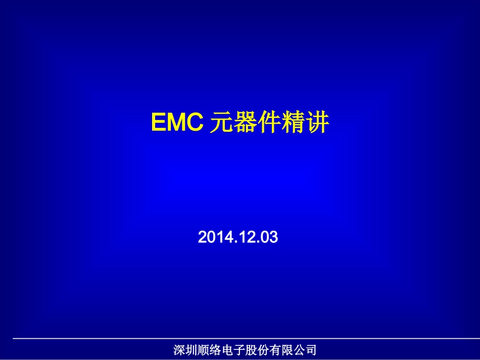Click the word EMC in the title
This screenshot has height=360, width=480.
177,123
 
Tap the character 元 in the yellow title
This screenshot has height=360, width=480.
220,123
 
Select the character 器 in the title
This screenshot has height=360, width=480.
245,123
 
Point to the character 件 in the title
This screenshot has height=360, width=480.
268,123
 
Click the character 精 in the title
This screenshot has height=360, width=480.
293,123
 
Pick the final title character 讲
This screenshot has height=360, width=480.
317,123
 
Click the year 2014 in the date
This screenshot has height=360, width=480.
214,237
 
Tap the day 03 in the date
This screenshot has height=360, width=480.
269,237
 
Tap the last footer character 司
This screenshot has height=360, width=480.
311,350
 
